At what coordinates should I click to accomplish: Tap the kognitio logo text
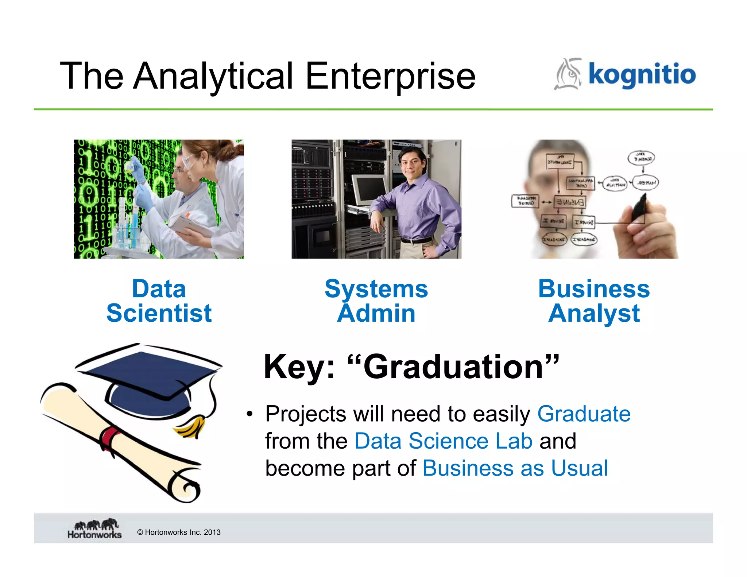tap(642, 74)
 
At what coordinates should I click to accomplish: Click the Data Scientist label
tap(159, 301)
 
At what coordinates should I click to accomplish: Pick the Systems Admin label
tap(376, 301)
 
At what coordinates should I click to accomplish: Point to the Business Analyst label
tap(594, 301)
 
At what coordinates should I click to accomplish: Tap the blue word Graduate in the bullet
tap(584, 414)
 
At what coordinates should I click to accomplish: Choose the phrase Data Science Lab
tap(443, 441)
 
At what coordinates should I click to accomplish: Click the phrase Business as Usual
tap(515, 468)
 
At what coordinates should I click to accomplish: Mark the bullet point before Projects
tap(249, 414)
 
